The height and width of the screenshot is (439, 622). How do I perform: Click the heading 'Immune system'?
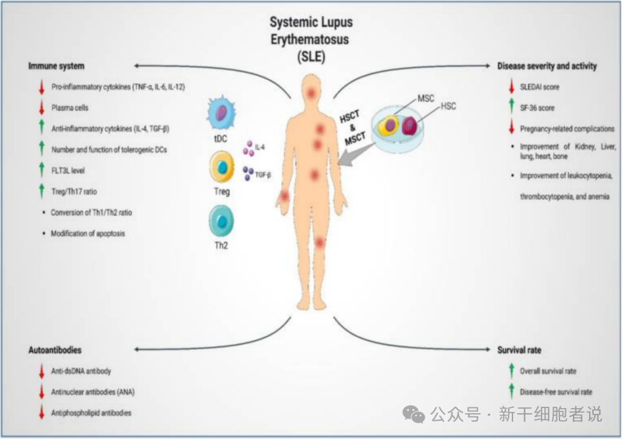coord(56,66)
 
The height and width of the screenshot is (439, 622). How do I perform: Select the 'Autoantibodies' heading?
coord(55,350)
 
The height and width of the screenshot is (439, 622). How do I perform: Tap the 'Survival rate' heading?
coord(519,350)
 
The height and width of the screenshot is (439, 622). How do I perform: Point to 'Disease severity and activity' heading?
coord(547,66)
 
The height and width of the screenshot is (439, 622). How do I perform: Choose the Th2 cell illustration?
coord(222,221)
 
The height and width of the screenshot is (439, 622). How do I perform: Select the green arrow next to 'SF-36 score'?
coord(510,108)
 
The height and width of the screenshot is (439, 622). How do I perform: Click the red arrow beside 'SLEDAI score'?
coord(510,86)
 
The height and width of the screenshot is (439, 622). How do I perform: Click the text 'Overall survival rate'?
coord(548,371)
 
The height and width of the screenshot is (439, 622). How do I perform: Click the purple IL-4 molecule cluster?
coord(248,150)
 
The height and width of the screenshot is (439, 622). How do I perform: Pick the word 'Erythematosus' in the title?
coord(311,39)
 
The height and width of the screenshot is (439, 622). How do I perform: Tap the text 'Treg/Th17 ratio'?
coord(74,191)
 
